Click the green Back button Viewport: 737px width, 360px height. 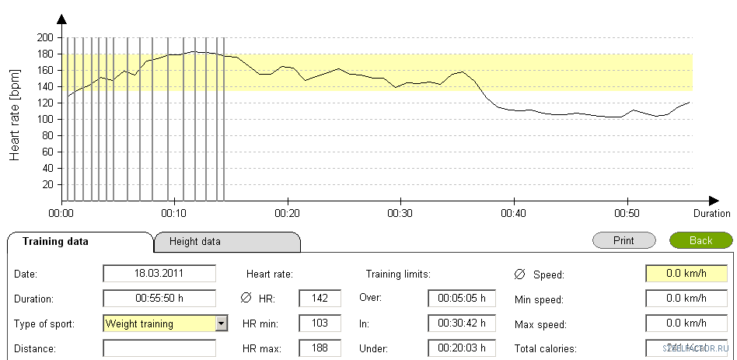click(x=700, y=240)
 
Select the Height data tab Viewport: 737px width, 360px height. click(x=195, y=242)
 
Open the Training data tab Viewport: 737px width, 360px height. click(x=55, y=241)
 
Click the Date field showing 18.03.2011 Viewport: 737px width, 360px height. click(x=159, y=274)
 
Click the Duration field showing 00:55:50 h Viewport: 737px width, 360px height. click(x=159, y=299)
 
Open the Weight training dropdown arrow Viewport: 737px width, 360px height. click(x=222, y=323)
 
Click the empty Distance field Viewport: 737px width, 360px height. click(x=159, y=348)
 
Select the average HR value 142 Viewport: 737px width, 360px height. click(x=320, y=299)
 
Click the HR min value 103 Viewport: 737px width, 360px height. click(x=320, y=323)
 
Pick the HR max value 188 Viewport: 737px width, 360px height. click(x=320, y=348)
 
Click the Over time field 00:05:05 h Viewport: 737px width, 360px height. click(x=461, y=299)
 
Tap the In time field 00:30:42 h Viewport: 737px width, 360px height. click(x=461, y=323)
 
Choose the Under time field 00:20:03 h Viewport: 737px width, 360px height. click(x=461, y=348)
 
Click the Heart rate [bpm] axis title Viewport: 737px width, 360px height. click(x=15, y=113)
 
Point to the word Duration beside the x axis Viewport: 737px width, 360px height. click(x=711, y=213)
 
